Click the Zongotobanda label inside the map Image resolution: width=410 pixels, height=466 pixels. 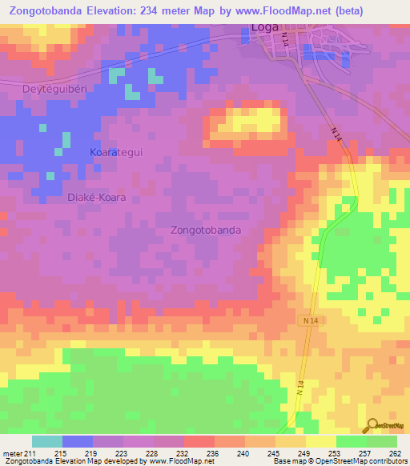tap(206, 230)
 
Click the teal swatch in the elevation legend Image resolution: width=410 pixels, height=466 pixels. tap(47, 441)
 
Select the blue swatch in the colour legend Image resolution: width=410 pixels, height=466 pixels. tap(78, 441)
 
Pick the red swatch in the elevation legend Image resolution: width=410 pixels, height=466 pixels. tap(199, 441)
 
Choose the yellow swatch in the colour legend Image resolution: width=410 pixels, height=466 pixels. tap(320, 441)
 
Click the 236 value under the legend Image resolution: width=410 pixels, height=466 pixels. tap(211, 453)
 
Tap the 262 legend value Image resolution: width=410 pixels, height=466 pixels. tap(396, 453)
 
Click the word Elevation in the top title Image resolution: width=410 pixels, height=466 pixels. tap(110, 11)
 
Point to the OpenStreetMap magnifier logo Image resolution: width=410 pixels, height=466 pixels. tap(373, 424)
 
